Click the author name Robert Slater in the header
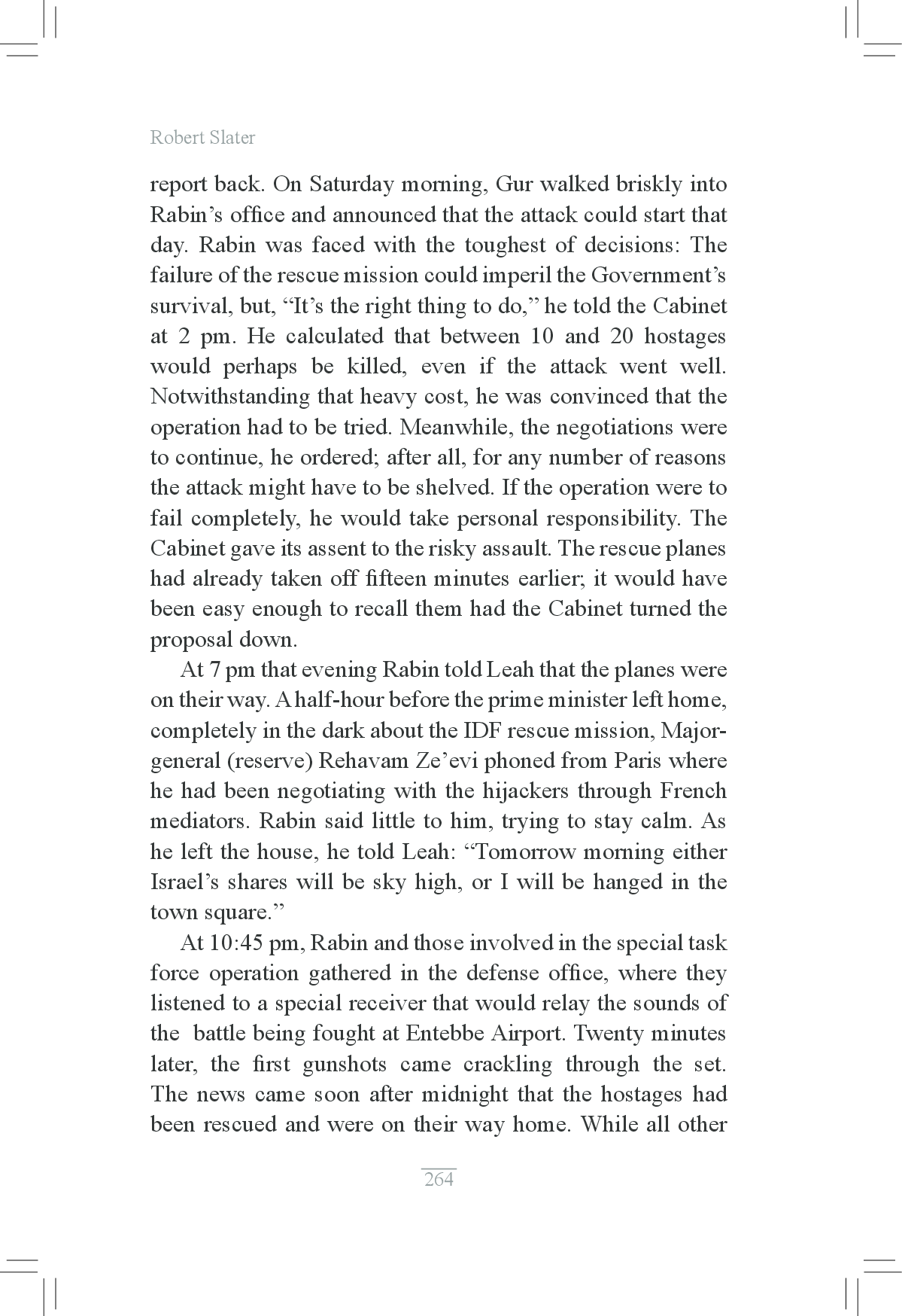pos(202,138)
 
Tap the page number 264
pos(439,1179)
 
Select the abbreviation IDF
pos(525,731)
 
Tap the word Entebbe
pos(445,1034)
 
